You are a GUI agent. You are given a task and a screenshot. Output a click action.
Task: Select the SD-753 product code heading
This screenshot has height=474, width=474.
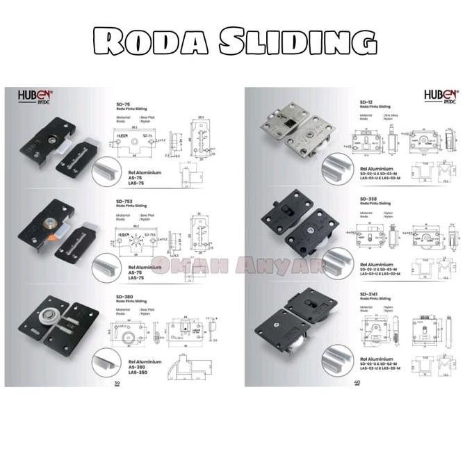coord(125,201)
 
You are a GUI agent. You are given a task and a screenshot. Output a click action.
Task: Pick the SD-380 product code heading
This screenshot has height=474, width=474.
coord(125,295)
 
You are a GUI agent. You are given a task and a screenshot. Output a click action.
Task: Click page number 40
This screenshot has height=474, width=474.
coord(357,382)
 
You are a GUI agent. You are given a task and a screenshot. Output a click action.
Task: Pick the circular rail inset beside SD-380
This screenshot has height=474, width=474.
coord(108,363)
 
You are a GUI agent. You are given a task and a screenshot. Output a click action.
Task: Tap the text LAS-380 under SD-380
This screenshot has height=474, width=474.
coord(138,373)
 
